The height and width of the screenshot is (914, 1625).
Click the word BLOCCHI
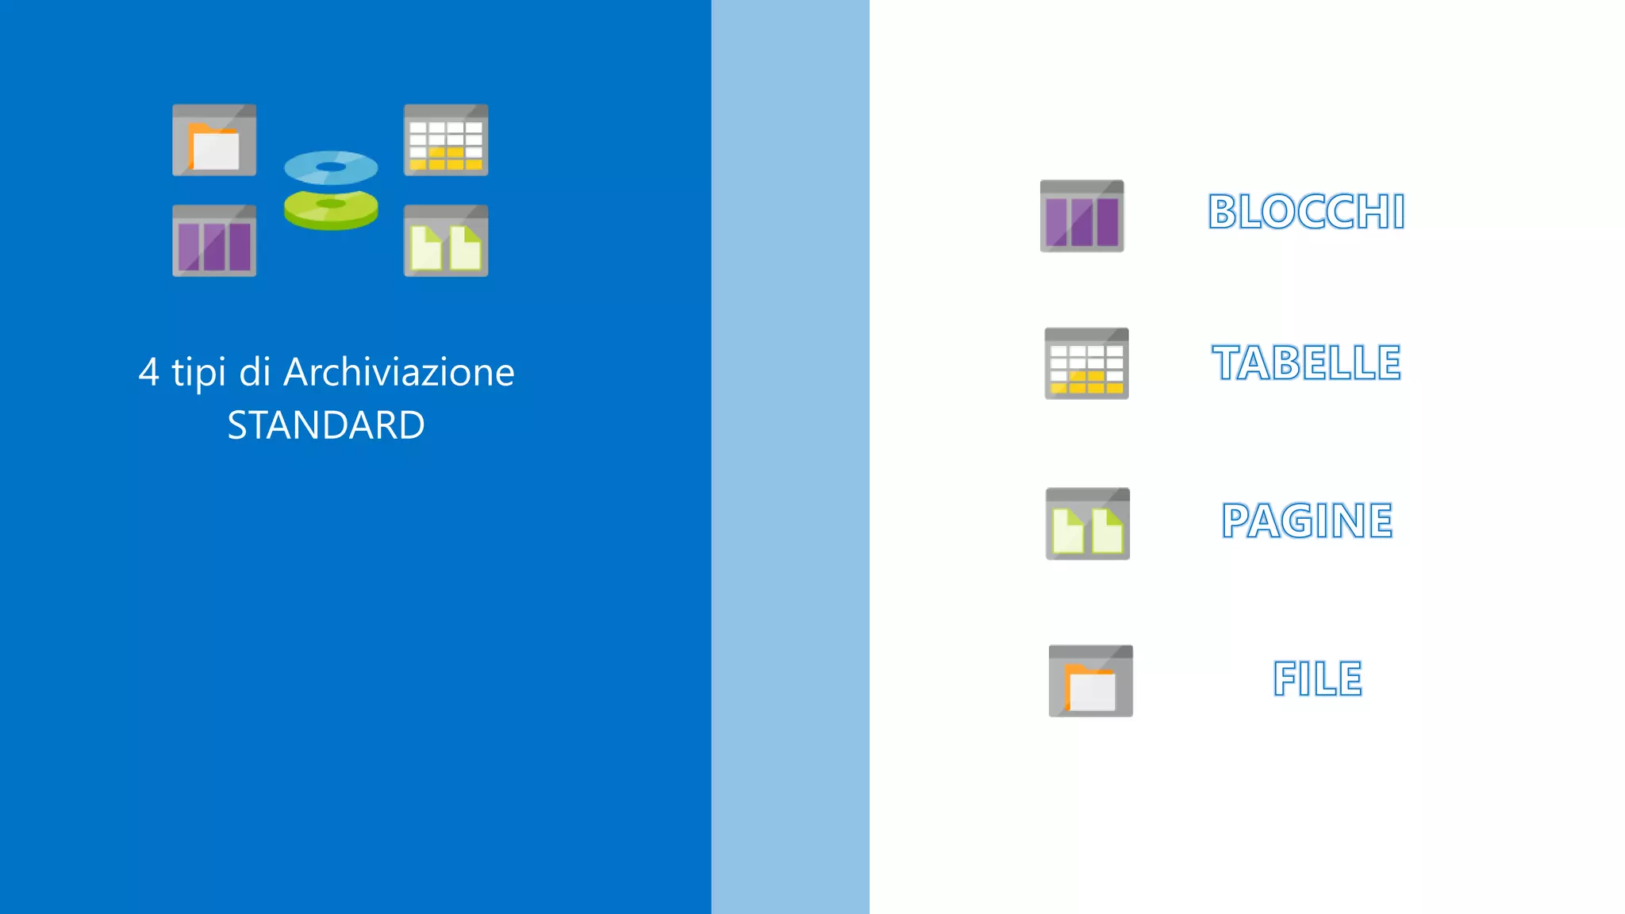point(1306,212)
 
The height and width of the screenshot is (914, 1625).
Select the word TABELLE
point(1306,363)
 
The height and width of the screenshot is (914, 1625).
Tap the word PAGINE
point(1307,520)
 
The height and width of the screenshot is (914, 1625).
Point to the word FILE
point(1317,678)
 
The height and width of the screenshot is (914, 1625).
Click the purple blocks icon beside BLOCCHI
point(1081,216)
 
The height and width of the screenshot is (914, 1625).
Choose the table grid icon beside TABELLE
point(1086,363)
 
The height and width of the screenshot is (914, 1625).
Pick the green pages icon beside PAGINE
point(1088,524)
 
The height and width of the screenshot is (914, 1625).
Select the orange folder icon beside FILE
point(1091,681)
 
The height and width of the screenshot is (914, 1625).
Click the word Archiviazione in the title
point(399,372)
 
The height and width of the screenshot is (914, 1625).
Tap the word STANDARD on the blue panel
point(326,425)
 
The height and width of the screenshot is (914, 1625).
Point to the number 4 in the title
point(148,372)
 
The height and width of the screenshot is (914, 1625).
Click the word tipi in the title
point(199,372)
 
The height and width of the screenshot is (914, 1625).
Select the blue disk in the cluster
point(331,167)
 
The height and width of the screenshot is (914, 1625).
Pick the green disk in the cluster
point(331,209)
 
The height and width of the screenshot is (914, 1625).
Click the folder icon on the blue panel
point(214,140)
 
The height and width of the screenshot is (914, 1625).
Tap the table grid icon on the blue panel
point(446,140)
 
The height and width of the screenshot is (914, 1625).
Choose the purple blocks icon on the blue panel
point(214,241)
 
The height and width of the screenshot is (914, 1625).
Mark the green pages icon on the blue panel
point(446,241)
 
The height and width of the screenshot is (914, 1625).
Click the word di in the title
point(255,372)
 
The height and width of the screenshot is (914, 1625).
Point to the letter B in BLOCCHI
point(1223,212)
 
